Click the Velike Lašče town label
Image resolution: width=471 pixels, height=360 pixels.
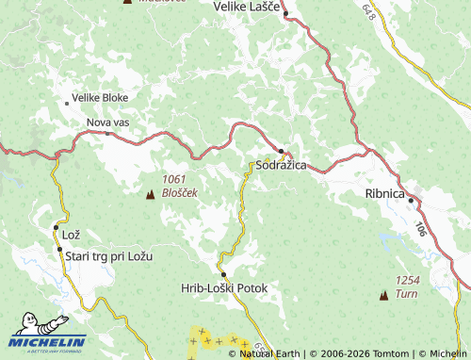(248, 8)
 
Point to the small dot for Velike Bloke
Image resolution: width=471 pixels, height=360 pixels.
(67, 102)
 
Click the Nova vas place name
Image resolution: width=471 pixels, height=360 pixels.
(107, 123)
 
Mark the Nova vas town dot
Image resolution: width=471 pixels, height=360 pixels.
(108, 134)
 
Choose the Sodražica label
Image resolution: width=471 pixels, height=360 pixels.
(282, 165)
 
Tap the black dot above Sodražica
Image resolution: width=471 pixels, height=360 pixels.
(281, 150)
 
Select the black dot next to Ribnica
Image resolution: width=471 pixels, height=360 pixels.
(412, 199)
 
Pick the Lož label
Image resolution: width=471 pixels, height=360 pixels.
(72, 234)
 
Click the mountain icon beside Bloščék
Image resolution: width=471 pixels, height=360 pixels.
(149, 194)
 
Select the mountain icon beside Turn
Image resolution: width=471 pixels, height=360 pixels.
(383, 295)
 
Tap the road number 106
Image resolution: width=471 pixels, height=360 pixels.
(419, 227)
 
